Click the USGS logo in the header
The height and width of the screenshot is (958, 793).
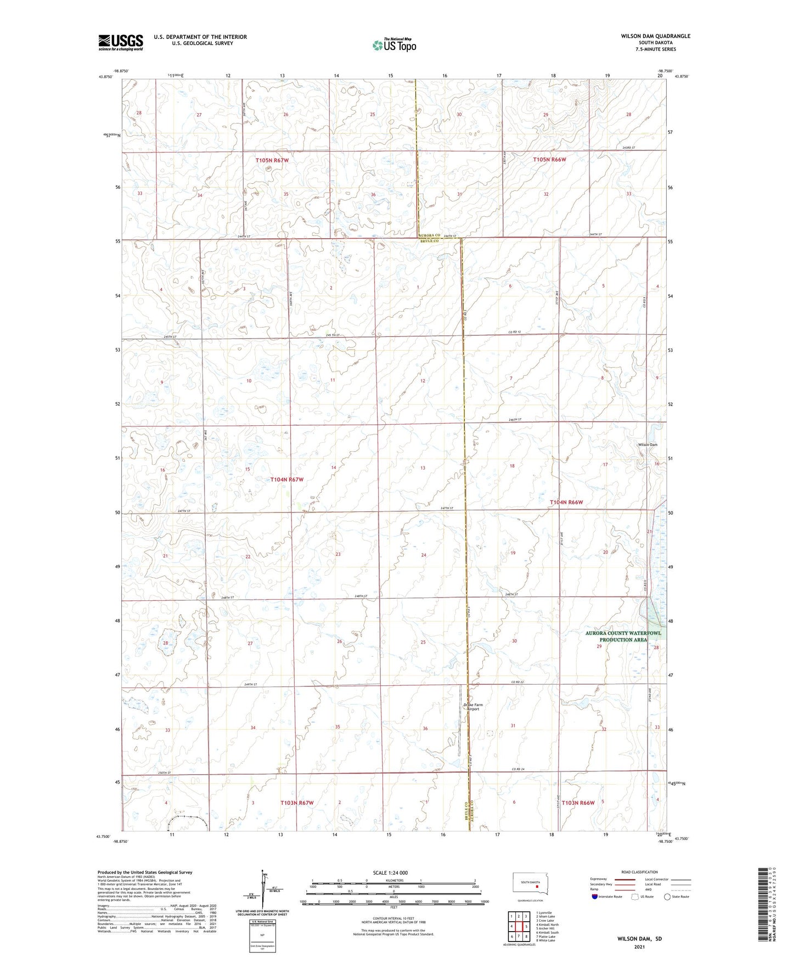[121, 42]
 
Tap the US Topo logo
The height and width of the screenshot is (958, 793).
[393, 44]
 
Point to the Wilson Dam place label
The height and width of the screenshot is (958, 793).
[647, 444]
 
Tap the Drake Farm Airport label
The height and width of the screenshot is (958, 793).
[473, 707]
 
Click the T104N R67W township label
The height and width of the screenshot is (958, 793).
[286, 480]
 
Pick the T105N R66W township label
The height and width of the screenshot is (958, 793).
[549, 160]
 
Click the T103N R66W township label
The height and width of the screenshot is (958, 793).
[574, 803]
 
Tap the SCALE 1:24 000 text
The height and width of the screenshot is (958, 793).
[390, 873]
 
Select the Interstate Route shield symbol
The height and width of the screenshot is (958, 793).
[595, 897]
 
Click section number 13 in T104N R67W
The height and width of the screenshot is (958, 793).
[423, 468]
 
